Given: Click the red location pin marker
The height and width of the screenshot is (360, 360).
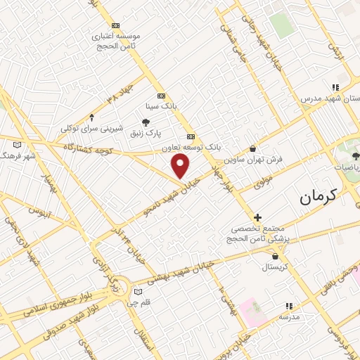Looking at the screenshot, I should pyautogui.click(x=181, y=166).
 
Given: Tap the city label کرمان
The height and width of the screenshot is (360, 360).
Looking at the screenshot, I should pyautogui.click(x=318, y=196).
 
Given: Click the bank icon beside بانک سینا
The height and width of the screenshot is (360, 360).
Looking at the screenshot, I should pyautogui.click(x=161, y=96).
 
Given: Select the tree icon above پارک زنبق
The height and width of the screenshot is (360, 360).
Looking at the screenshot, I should pyautogui.click(x=146, y=122).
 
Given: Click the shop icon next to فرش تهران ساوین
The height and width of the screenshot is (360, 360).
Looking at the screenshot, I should pyautogui.click(x=253, y=149).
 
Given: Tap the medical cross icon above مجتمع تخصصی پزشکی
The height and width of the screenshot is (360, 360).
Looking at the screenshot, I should pyautogui.click(x=257, y=217).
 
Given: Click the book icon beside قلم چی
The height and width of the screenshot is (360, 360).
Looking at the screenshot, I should pyautogui.click(x=138, y=291).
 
